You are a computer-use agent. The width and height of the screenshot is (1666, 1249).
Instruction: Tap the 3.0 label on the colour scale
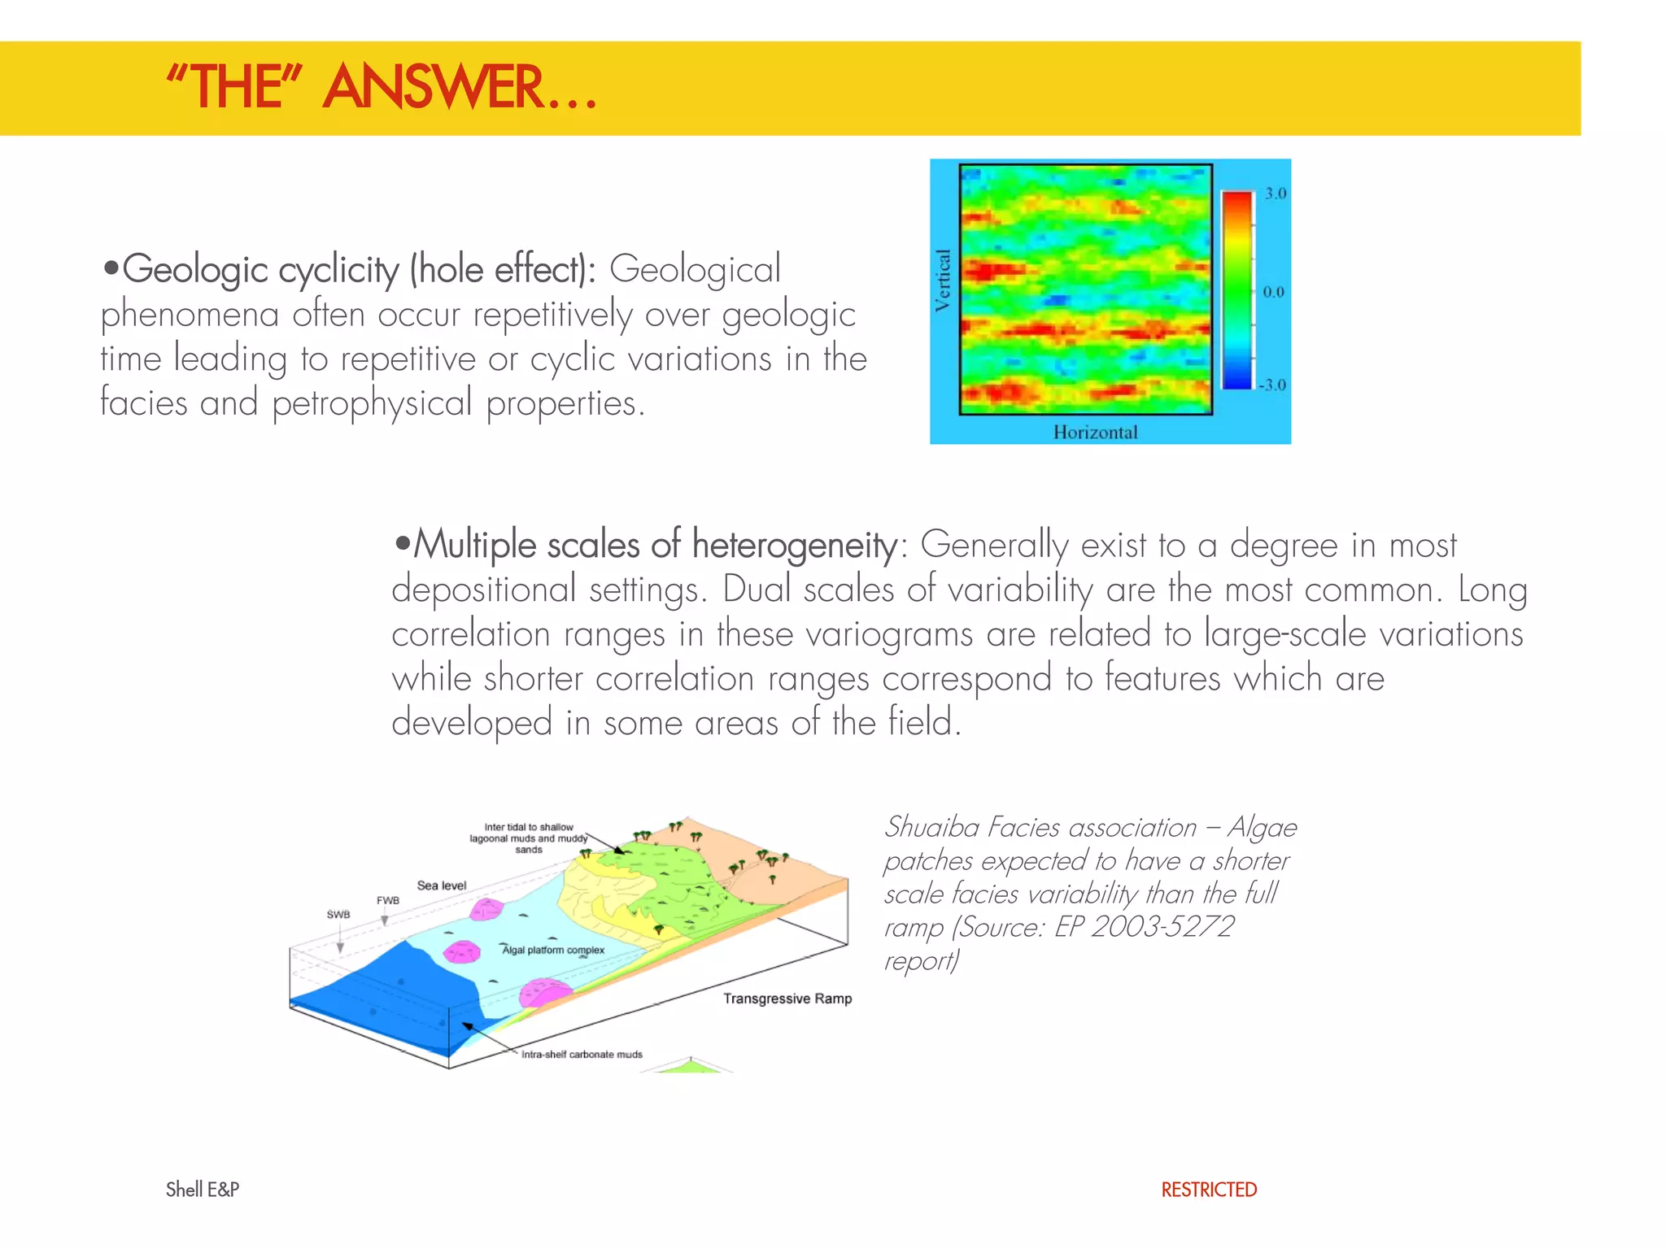(1275, 194)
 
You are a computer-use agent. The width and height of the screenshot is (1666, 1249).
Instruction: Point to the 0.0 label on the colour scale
(1273, 292)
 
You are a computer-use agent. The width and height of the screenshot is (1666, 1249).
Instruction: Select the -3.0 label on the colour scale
(1271, 385)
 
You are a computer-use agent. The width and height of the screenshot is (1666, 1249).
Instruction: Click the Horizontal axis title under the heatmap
(1095, 433)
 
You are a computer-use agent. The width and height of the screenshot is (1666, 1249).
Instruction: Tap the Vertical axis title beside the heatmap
(943, 281)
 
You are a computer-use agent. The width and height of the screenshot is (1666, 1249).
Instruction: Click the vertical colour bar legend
(1236, 290)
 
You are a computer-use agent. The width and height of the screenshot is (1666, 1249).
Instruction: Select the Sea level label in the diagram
(442, 886)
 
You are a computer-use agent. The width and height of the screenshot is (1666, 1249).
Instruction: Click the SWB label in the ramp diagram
(338, 915)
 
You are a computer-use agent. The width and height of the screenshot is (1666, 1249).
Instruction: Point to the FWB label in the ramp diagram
(388, 900)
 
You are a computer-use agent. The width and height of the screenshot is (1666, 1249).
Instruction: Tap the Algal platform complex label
(553, 950)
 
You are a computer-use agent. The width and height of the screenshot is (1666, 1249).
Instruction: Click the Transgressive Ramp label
(787, 999)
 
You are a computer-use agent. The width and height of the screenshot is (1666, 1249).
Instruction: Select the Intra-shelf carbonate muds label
(582, 1055)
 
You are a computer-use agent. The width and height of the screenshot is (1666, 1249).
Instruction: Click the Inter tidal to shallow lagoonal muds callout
(529, 838)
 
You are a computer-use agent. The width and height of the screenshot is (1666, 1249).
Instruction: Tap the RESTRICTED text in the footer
(1209, 1190)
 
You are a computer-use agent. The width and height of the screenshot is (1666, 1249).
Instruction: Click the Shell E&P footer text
(203, 1190)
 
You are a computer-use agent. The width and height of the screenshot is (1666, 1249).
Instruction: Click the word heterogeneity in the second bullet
(795, 546)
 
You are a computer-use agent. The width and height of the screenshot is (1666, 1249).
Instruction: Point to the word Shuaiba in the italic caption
(931, 827)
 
